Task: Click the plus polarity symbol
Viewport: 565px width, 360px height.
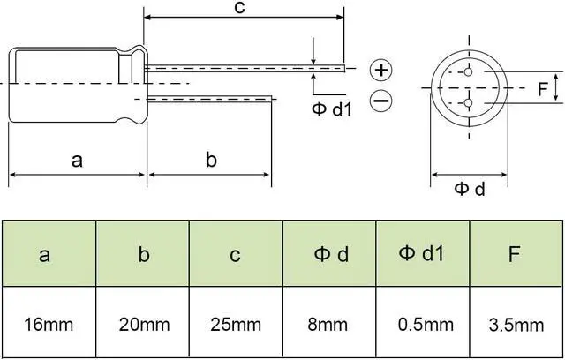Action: click(380, 70)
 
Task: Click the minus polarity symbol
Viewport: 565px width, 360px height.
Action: click(380, 101)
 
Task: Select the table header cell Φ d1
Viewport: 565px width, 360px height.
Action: click(422, 254)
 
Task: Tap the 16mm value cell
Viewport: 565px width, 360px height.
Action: click(49, 324)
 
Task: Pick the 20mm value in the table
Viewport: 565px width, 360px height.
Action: click(142, 324)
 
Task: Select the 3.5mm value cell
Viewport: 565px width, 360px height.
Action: click(516, 324)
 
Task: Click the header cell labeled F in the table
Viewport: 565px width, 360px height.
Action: click(516, 254)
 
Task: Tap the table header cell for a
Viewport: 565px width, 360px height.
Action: click(49, 254)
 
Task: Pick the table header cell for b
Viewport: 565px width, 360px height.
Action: click(142, 254)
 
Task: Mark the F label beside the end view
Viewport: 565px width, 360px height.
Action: click(542, 88)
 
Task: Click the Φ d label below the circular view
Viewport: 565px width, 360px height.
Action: click(470, 189)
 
